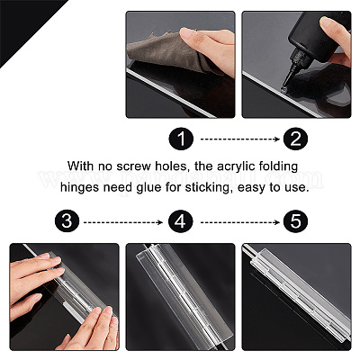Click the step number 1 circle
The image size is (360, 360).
(x=181, y=139)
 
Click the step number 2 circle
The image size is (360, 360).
(x=296, y=139)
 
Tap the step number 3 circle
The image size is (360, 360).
(x=67, y=222)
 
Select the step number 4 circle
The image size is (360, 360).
(x=181, y=222)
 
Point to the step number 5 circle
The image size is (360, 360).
(x=296, y=222)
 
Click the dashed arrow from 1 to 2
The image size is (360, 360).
(x=240, y=139)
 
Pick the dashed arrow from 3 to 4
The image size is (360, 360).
(x=123, y=222)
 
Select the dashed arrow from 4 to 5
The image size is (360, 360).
(x=240, y=222)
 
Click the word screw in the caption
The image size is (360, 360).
(x=134, y=166)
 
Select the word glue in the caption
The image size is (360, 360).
(x=149, y=188)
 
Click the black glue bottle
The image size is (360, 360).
(x=315, y=36)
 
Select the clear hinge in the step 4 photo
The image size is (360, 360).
(x=180, y=295)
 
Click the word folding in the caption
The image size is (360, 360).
(x=278, y=166)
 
